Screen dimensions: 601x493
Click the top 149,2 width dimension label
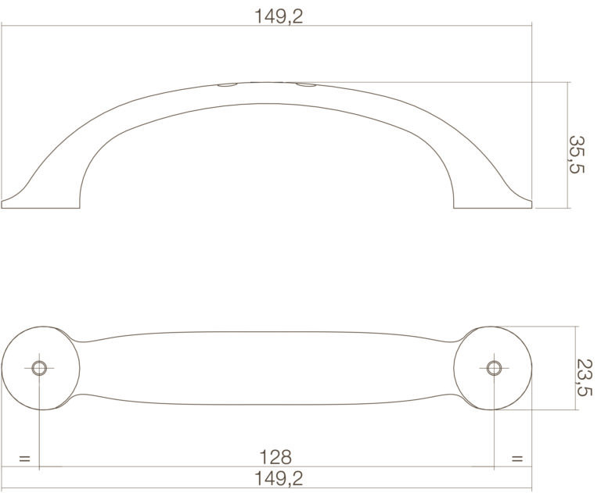(279, 16)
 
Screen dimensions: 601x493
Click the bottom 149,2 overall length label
(279, 478)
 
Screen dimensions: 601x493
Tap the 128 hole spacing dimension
(275, 457)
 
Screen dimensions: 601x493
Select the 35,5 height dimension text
(576, 154)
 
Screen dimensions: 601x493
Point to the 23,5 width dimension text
(585, 377)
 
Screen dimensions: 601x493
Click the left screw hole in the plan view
(39, 368)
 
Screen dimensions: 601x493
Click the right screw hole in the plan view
(494, 368)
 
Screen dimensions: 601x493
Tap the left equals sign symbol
(24, 459)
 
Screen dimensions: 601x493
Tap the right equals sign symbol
(517, 459)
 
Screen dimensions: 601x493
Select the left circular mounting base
(41, 368)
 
